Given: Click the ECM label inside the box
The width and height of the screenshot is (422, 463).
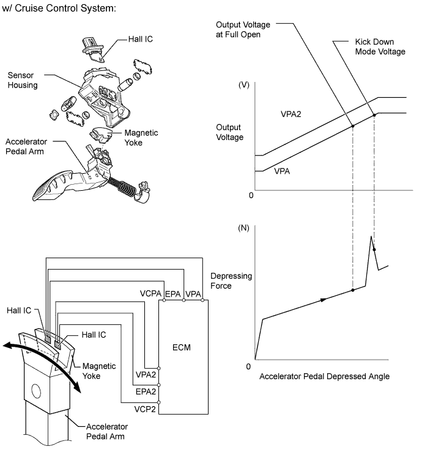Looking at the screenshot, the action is pyautogui.click(x=181, y=347).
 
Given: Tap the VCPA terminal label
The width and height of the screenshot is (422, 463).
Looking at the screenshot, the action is pyautogui.click(x=150, y=294).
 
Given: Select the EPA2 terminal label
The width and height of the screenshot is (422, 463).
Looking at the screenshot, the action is pyautogui.click(x=146, y=391).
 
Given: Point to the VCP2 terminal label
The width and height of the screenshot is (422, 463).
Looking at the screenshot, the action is pyautogui.click(x=145, y=409).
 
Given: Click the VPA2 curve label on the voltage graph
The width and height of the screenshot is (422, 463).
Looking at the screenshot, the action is pyautogui.click(x=291, y=114).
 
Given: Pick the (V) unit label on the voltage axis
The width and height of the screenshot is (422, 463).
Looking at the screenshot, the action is pyautogui.click(x=244, y=85).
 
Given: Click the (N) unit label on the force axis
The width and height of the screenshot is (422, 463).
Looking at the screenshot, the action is pyautogui.click(x=243, y=228).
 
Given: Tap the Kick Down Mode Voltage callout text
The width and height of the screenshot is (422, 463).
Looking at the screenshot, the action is pyautogui.click(x=380, y=46).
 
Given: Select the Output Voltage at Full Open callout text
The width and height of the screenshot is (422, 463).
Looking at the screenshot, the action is pyautogui.click(x=243, y=29).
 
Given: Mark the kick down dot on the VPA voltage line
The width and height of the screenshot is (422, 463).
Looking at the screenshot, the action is pyautogui.click(x=374, y=115).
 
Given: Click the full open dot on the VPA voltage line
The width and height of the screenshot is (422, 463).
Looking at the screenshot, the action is pyautogui.click(x=353, y=126).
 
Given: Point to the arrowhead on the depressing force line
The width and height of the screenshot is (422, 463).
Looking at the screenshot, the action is pyautogui.click(x=324, y=300).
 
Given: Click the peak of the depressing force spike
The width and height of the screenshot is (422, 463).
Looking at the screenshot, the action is pyautogui.click(x=371, y=236).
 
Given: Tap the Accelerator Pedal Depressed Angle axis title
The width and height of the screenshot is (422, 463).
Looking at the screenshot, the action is pyautogui.click(x=324, y=376).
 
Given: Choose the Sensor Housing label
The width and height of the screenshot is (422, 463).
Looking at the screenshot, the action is pyautogui.click(x=23, y=80).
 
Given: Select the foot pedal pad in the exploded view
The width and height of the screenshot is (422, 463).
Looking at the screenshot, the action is pyautogui.click(x=51, y=185).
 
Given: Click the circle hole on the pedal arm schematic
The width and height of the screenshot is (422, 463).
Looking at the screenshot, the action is pyautogui.click(x=36, y=391).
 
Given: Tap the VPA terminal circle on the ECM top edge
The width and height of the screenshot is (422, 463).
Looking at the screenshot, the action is pyautogui.click(x=202, y=300).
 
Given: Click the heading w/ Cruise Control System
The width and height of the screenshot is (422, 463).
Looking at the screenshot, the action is pyautogui.click(x=59, y=8).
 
